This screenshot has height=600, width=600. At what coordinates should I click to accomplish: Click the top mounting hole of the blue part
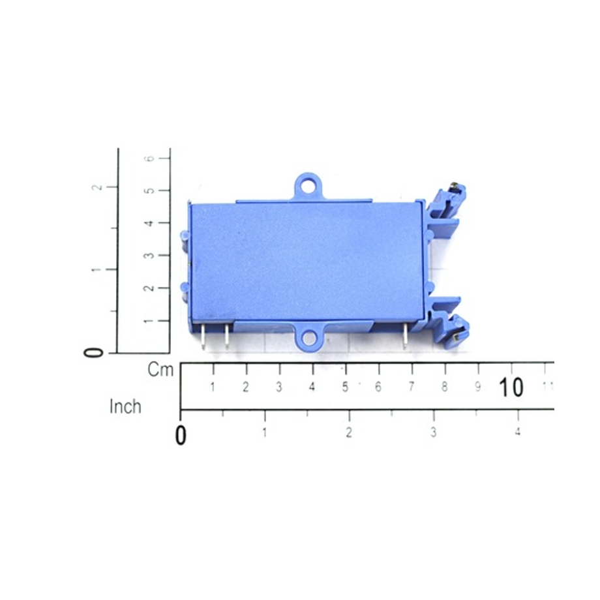point(308,187)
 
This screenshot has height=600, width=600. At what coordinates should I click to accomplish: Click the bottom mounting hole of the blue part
point(308,338)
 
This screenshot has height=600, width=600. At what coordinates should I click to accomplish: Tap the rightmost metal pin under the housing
point(404,336)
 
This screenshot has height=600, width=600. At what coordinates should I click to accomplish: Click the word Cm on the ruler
point(160,370)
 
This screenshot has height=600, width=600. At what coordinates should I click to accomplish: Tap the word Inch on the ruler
point(125,406)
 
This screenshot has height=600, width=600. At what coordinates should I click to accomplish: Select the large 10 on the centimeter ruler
point(511,387)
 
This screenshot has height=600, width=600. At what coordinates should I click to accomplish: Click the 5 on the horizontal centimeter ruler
point(345,387)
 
